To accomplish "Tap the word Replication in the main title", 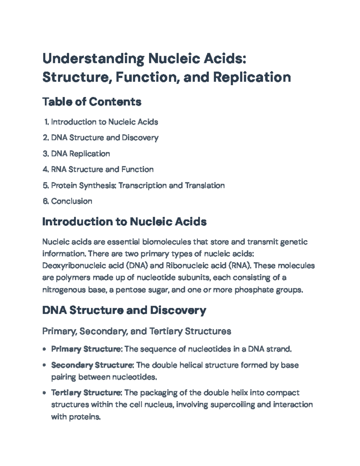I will (x=252, y=77).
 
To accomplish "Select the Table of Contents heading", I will (x=92, y=102).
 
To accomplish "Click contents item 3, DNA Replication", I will (x=80, y=154).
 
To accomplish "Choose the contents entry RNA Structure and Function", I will (x=102, y=170).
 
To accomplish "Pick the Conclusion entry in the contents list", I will (x=71, y=201).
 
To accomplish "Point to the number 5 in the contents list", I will (x=45, y=185).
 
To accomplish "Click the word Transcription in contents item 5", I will (x=142, y=185).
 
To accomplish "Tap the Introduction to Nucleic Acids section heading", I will (x=124, y=222).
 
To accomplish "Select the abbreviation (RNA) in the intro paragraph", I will (x=241, y=266).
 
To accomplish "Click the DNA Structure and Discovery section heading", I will (x=124, y=310).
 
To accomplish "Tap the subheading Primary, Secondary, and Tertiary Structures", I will (x=136, y=331).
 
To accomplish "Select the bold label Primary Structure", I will (x=86, y=349).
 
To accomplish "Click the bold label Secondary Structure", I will (x=92, y=365).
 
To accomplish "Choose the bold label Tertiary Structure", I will (x=86, y=393).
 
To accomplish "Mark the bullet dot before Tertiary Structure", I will (x=45, y=393).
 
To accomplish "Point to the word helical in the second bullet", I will (x=195, y=365).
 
